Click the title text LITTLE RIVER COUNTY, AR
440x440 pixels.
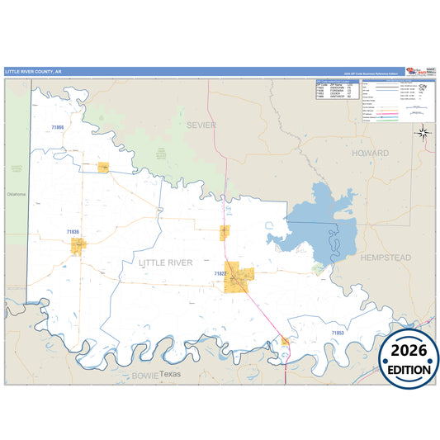point(33,72)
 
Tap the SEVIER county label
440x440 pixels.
point(200,125)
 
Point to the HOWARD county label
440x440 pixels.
point(369,154)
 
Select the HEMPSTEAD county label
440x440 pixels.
point(385,258)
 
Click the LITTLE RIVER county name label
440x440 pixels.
point(165,263)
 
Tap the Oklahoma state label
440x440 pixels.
point(17,194)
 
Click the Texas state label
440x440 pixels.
point(169,374)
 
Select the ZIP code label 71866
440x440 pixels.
point(57,128)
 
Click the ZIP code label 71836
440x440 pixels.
point(73,233)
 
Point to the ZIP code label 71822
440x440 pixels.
point(220,272)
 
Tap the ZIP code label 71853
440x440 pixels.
point(337,333)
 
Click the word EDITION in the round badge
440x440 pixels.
point(409,370)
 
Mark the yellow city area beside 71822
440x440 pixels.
point(239,277)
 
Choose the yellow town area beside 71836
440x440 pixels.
point(78,245)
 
